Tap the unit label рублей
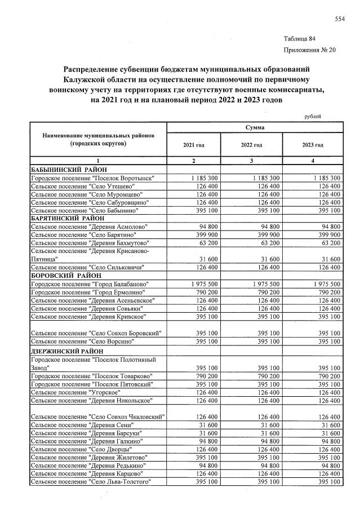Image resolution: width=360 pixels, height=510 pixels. point(313,116)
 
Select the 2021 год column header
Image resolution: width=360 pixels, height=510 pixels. point(193,145)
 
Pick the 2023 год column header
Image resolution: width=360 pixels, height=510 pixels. point(313,145)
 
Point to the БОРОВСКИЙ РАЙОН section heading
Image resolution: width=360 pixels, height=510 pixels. point(65,276)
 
